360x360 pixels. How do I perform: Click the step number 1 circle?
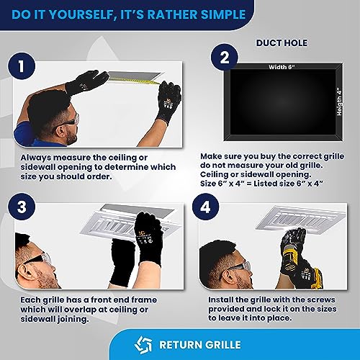(22, 66)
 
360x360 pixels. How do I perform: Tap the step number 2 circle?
(225, 58)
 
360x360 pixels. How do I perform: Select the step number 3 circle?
(22, 207)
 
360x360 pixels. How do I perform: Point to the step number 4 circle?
(205, 207)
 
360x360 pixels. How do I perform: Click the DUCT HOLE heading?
(282, 43)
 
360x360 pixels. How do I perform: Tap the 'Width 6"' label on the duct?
(282, 67)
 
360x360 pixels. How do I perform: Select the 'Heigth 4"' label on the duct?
(339, 102)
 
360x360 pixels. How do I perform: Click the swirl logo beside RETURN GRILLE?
(143, 345)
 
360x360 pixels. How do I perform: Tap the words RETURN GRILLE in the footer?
(200, 345)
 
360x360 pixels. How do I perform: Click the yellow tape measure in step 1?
(135, 80)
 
